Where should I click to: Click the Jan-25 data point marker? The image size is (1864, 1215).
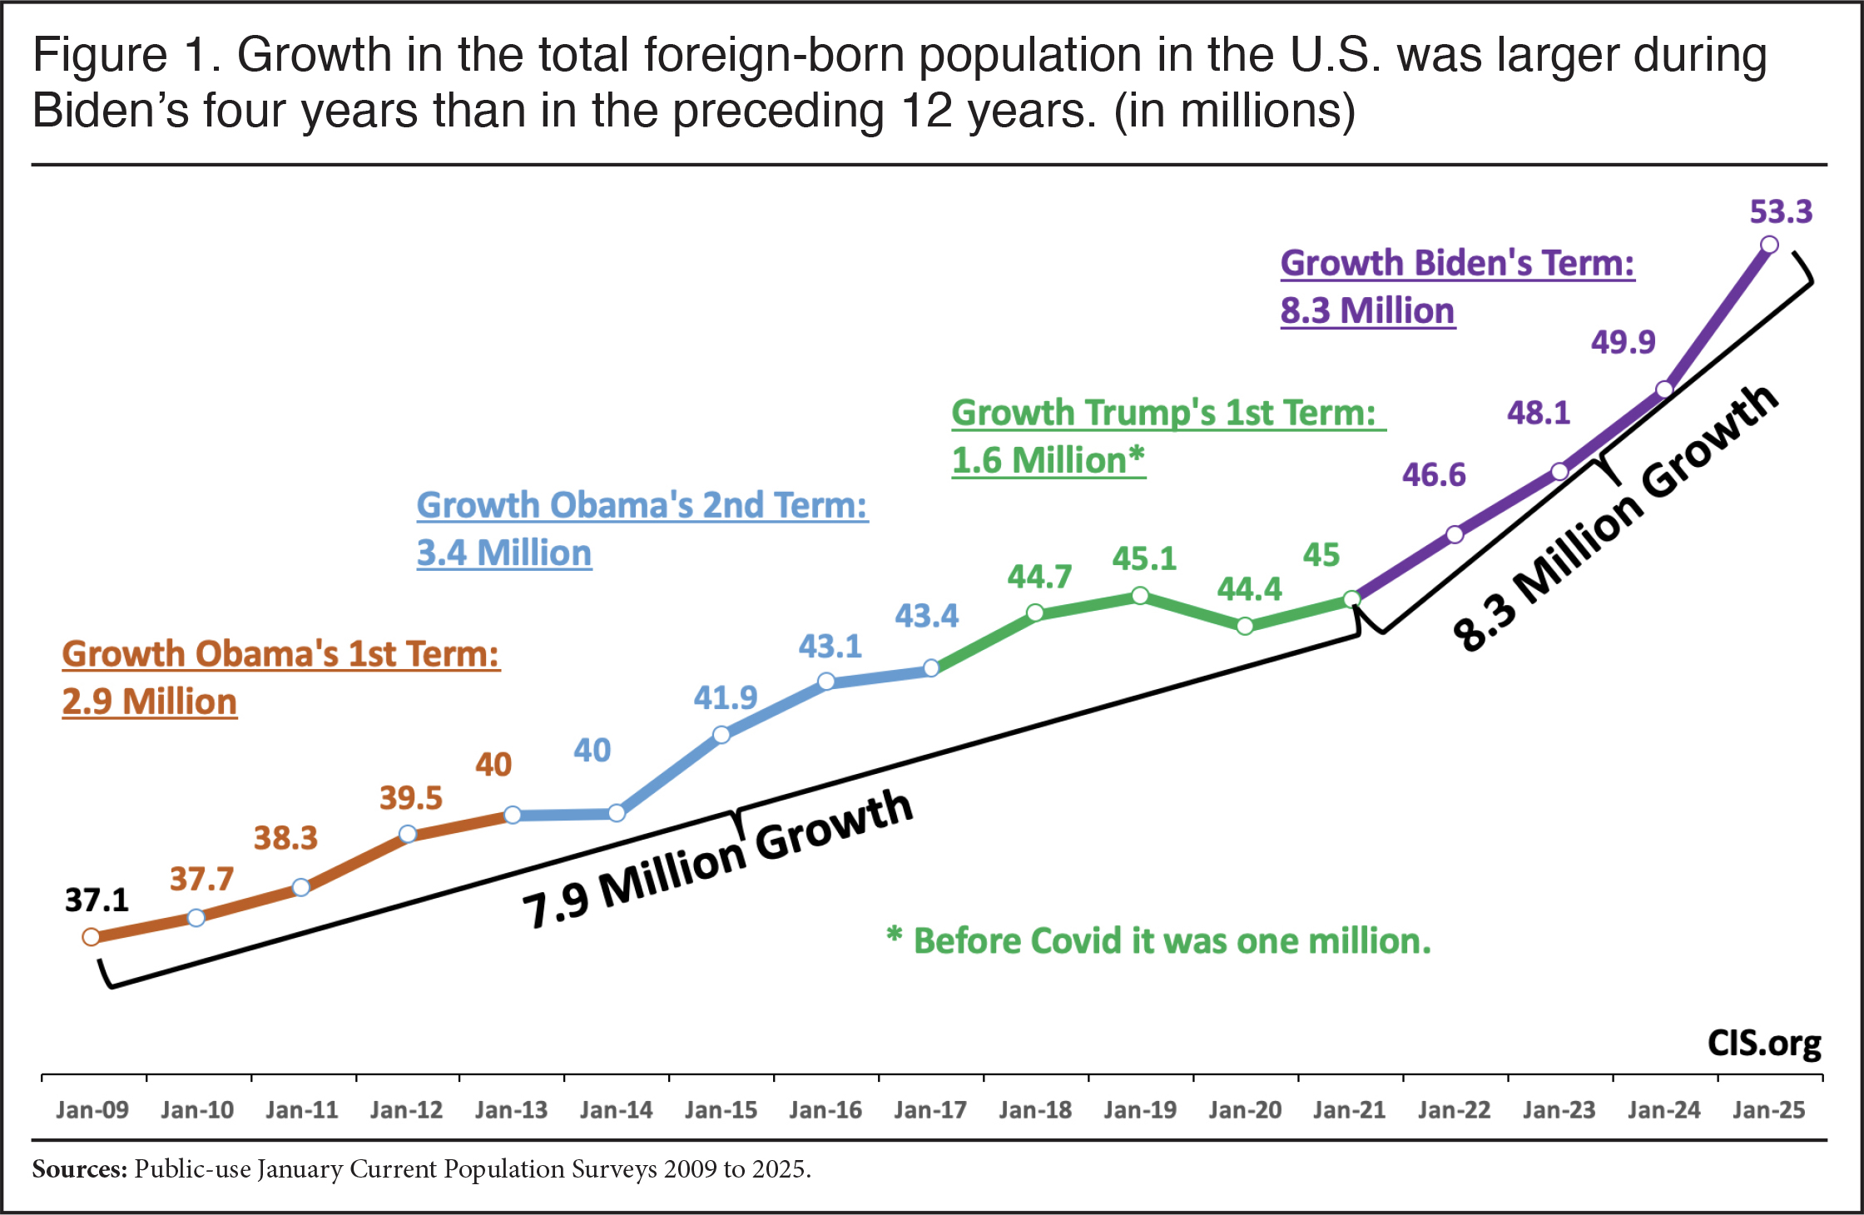coord(1769,245)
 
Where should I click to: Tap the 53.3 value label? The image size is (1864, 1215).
coord(1781,211)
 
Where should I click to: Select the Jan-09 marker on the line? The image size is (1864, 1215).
coord(92,937)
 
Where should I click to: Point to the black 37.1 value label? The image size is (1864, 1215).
coord(97,900)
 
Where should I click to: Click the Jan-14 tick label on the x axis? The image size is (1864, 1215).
coord(616,1110)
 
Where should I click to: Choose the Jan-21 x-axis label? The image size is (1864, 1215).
coord(1350,1110)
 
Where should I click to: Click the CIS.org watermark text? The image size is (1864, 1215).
coord(1764,1044)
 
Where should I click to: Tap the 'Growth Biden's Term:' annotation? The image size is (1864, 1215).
coord(1457,263)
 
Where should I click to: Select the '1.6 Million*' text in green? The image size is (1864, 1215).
coord(1048,460)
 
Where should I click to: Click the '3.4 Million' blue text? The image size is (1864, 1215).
coord(504,553)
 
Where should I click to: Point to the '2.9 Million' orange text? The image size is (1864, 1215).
coord(150,702)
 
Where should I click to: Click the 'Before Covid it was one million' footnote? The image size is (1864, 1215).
coord(1172,941)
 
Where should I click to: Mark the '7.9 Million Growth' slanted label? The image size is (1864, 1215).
coord(717,860)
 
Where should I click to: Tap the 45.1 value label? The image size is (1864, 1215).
coord(1144,559)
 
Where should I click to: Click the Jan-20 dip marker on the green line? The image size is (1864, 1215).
coord(1245,626)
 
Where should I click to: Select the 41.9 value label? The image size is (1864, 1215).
coord(726,697)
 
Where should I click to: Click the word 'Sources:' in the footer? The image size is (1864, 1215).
coord(80,1169)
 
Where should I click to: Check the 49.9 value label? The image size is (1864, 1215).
coord(1624,342)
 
